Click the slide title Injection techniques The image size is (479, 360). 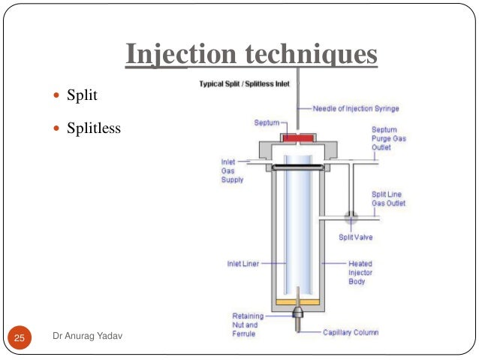[251, 53]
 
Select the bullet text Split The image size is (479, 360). [83, 97]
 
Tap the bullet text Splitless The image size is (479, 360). [94, 128]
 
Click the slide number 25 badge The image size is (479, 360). [18, 338]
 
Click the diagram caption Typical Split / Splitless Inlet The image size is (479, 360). [246, 84]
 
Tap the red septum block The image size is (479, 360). [298, 138]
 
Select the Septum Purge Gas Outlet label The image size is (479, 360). [388, 138]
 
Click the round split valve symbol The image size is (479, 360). [351, 217]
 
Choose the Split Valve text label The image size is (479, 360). [355, 237]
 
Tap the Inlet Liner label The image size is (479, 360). [245, 264]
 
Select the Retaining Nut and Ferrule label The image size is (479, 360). [248, 325]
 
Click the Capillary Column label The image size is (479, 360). [351, 331]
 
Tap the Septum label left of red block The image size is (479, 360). [265, 122]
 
